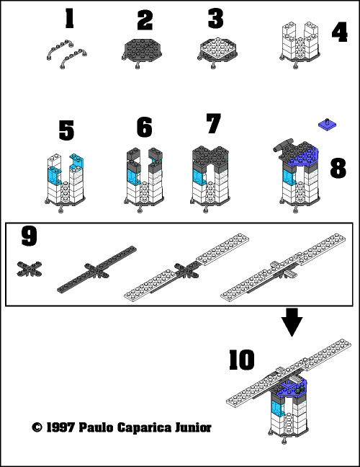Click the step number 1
pos(69,18)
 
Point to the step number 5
pos(66,130)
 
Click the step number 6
pos(144,127)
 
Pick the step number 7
pos(212,123)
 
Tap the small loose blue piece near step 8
pos(327,126)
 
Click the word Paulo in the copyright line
pos(108,427)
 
